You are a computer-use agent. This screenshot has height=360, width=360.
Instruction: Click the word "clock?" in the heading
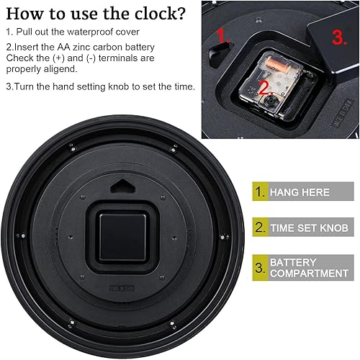pyautogui.click(x=153, y=14)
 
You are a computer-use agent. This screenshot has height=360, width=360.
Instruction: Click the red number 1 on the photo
pyautogui.click(x=225, y=37)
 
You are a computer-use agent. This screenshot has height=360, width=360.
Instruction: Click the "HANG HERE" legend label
pyautogui.click(x=299, y=192)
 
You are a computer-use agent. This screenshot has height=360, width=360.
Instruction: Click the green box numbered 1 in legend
pyautogui.click(x=257, y=192)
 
